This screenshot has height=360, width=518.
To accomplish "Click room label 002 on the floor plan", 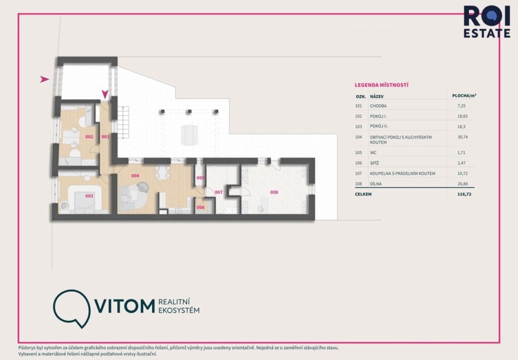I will (x=89, y=137).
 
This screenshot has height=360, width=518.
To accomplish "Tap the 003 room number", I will (x=89, y=196).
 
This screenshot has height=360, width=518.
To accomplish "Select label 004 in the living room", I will (x=135, y=176).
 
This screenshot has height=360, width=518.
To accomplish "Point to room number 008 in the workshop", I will (x=274, y=192).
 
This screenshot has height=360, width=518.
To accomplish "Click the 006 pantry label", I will (x=200, y=207).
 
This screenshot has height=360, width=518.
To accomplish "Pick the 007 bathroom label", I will (x=219, y=193).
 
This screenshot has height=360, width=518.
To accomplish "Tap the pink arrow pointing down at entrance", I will (x=105, y=94).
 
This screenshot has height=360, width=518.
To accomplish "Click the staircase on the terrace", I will (x=124, y=123).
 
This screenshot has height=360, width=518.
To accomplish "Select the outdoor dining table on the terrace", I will (x=190, y=133).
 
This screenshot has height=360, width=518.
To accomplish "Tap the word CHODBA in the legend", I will (x=379, y=106).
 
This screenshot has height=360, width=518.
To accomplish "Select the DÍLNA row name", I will (x=376, y=184).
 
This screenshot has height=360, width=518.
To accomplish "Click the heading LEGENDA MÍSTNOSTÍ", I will (x=381, y=85).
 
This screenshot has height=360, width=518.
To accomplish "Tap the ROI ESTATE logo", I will (x=487, y=21).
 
